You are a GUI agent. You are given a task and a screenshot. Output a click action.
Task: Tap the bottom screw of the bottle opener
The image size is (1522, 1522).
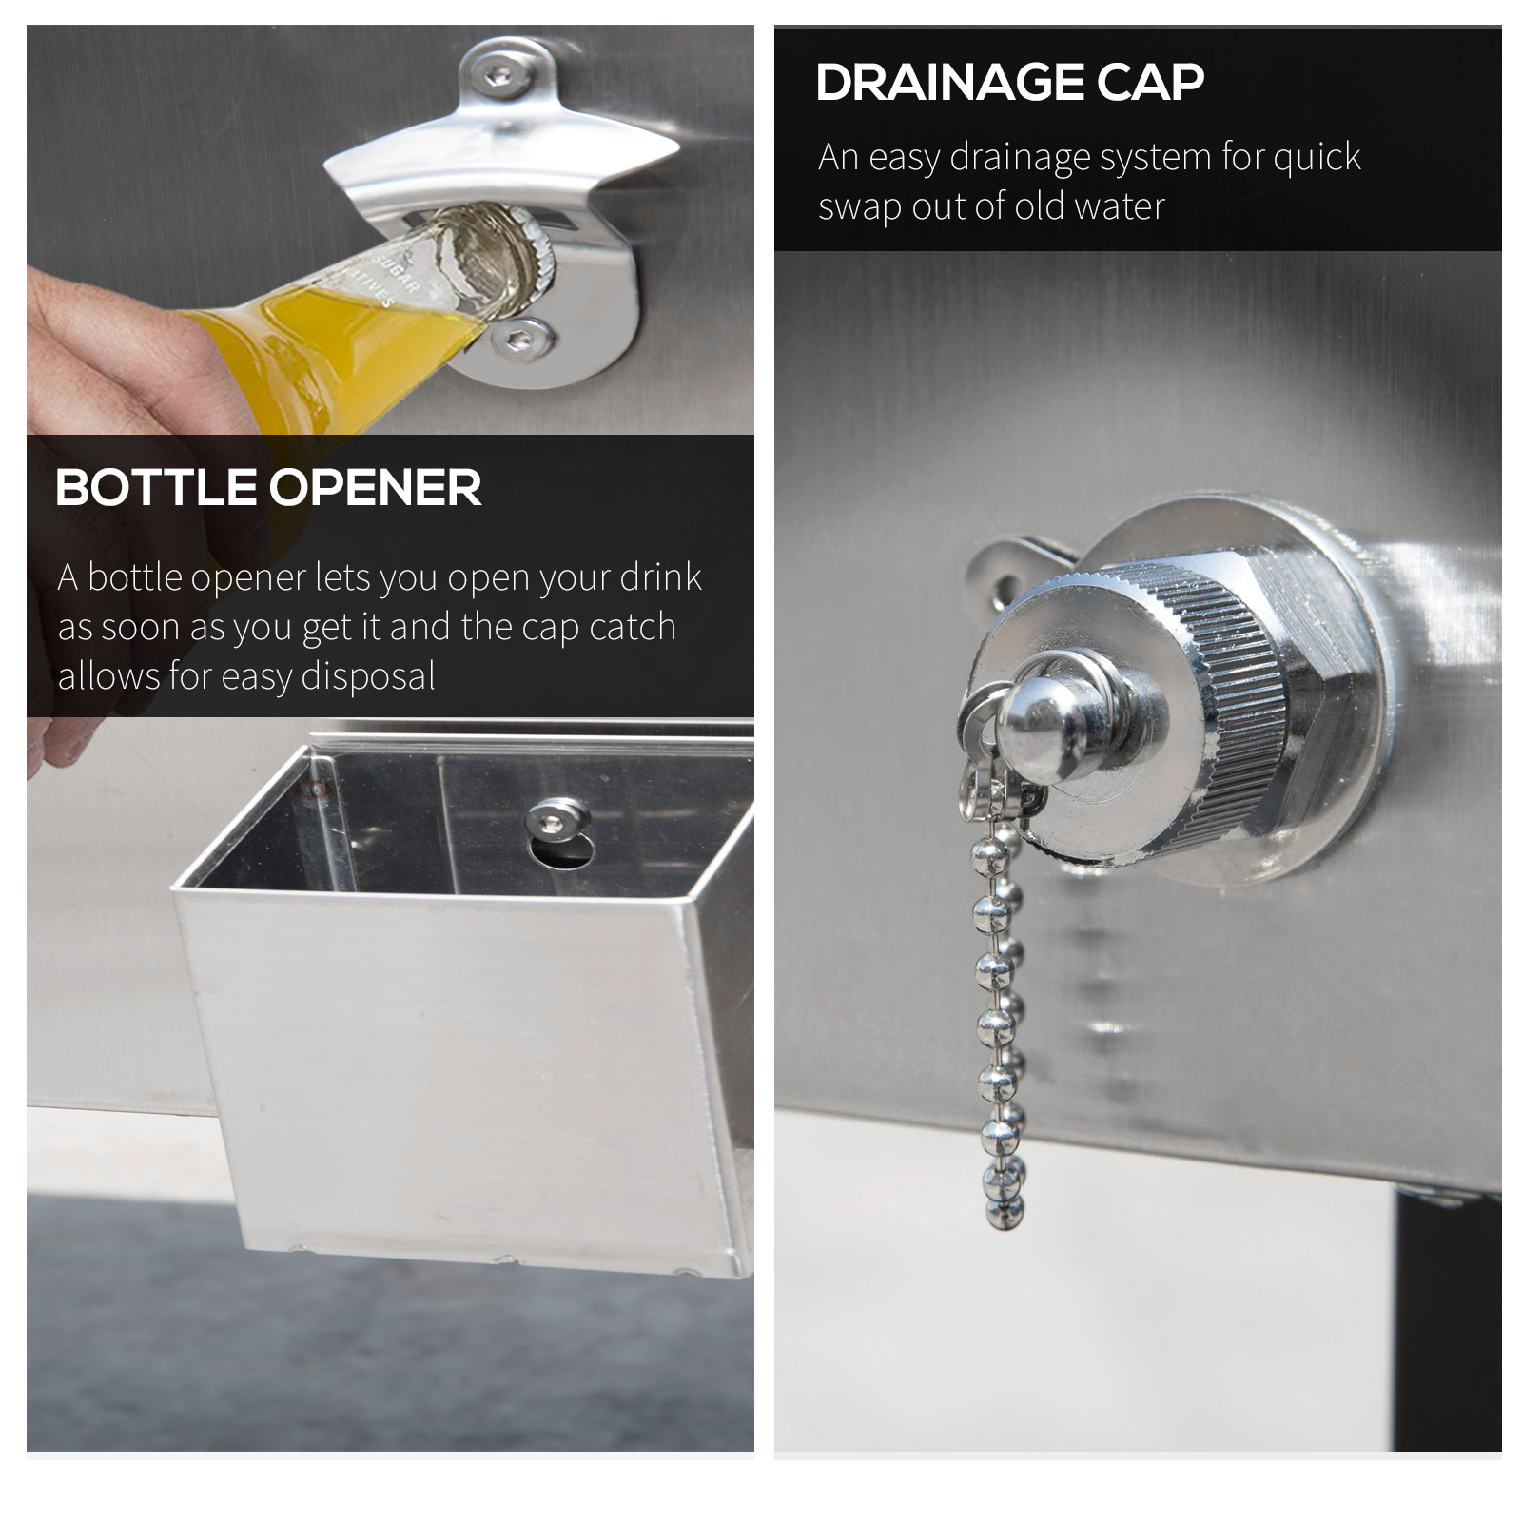point(522,337)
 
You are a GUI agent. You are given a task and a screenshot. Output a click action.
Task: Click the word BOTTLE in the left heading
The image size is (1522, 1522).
point(156,488)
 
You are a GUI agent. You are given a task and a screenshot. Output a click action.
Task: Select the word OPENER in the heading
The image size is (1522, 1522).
point(376,488)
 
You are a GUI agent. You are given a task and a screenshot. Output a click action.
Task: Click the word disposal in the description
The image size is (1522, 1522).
point(368,676)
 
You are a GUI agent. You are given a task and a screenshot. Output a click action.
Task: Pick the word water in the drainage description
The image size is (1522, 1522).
point(1122,206)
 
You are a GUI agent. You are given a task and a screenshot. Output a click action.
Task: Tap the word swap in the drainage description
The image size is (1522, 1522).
point(860,206)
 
